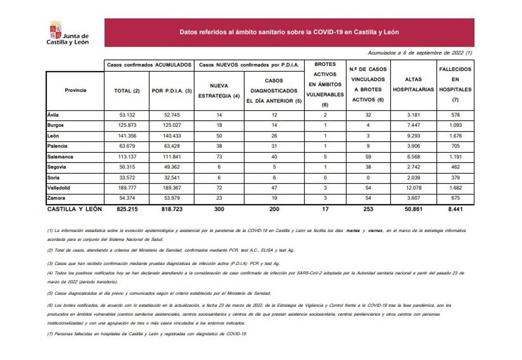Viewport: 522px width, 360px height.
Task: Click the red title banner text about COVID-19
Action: point(289,32)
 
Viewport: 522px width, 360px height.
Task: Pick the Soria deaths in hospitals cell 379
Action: point(455,178)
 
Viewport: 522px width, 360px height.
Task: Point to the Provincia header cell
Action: point(75,91)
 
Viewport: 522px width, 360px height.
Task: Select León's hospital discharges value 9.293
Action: point(413,136)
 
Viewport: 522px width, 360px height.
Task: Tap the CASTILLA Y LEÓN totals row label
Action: point(74,209)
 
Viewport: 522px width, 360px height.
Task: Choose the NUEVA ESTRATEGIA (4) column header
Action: point(219,91)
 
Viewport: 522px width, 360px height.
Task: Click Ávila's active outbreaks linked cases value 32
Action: point(368,115)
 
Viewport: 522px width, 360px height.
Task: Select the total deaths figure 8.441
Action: point(455,209)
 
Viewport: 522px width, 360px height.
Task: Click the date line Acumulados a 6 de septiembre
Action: point(419,53)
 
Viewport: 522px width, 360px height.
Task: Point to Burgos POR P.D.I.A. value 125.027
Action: point(171,125)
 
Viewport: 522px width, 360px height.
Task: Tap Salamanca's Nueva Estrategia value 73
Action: point(219,157)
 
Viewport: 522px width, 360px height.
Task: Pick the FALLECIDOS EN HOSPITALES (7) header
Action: point(455,84)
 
